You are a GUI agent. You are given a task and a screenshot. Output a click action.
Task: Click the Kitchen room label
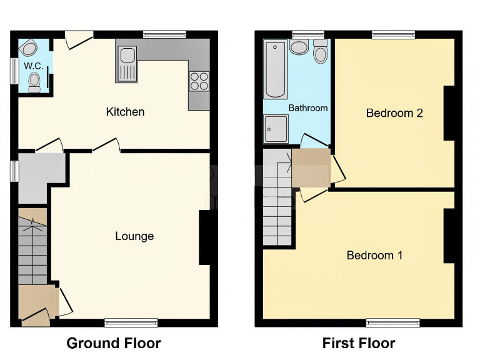[125, 112]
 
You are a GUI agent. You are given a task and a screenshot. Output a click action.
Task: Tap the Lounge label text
[134, 236]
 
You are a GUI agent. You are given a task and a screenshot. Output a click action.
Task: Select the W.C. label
[32, 66]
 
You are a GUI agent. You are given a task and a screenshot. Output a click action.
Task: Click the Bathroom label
[307, 108]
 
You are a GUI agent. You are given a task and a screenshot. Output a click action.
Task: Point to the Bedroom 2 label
[394, 113]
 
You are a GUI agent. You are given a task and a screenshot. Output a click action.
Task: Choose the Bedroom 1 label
[374, 255]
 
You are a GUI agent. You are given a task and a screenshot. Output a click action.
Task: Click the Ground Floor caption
[114, 343]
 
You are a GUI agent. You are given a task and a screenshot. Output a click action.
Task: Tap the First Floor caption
[359, 343]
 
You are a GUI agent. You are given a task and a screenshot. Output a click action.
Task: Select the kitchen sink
[127, 64]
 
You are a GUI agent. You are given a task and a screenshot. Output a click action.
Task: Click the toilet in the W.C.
[35, 82]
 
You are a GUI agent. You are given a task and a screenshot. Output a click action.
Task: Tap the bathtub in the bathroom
[275, 69]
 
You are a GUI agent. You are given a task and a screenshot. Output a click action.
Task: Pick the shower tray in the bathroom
[276, 130]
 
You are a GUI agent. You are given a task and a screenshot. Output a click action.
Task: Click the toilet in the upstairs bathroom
[321, 52]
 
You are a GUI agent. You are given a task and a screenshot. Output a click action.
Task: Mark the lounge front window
[131, 322]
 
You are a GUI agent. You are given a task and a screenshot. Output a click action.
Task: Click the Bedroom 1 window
[393, 322]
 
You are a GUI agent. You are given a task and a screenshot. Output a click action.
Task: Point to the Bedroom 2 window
[393, 34]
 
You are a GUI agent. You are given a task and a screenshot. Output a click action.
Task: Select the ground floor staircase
[32, 249]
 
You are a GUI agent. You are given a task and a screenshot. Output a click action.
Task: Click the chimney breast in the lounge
[204, 238]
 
